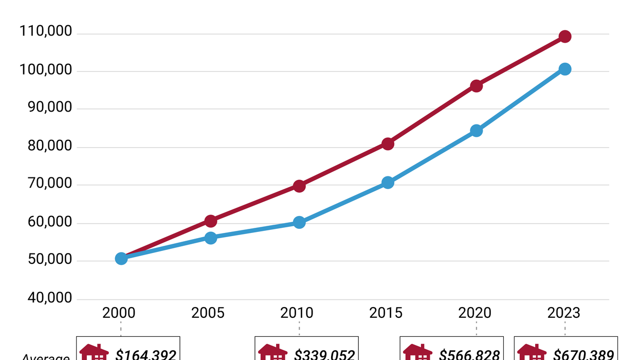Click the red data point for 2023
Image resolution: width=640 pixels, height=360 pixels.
click(565, 37)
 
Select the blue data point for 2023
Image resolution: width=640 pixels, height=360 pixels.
click(565, 69)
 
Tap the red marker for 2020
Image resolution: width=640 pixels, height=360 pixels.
click(477, 86)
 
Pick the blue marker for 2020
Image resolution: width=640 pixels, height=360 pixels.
click(477, 131)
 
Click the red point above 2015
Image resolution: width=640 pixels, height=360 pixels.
click(388, 144)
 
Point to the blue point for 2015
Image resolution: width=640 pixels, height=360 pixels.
click(388, 183)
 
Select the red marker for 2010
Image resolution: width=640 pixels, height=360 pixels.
click(299, 186)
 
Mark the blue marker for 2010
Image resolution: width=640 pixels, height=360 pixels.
click(299, 223)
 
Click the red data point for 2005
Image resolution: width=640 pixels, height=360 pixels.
click(211, 221)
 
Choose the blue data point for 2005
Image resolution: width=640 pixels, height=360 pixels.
click(211, 238)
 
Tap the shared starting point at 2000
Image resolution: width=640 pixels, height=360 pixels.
click(121, 258)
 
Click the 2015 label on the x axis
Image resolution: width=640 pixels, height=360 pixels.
click(386, 313)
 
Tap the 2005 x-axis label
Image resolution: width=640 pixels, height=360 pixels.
click(208, 313)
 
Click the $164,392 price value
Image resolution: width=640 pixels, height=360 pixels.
click(146, 354)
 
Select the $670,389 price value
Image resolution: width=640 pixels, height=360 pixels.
click(583, 354)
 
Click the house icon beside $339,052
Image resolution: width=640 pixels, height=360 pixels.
click(272, 353)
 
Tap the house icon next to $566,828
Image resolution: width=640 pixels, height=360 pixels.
click(417, 353)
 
